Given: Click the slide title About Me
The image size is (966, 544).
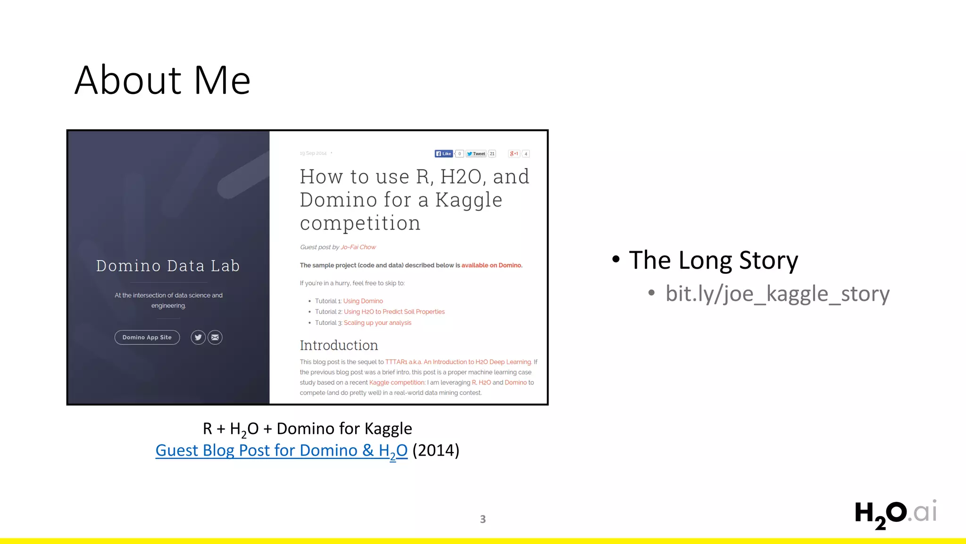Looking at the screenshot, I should [162, 80].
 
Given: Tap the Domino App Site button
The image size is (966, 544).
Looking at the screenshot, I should [147, 337].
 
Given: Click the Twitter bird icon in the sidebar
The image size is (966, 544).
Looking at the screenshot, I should [198, 337].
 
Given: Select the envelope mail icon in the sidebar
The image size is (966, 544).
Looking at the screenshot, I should [215, 337].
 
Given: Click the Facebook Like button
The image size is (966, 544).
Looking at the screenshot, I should [444, 153].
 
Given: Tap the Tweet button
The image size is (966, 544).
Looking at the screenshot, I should [476, 153].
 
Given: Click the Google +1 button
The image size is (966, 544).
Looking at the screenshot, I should [514, 153].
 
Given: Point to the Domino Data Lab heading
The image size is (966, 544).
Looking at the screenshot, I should [168, 266].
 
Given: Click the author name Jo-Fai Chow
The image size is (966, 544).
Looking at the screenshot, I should [358, 247].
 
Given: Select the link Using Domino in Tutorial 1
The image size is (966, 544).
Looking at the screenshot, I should [363, 301].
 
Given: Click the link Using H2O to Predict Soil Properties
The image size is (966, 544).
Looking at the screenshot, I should [394, 312].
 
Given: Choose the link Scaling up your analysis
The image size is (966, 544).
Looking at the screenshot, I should [377, 323].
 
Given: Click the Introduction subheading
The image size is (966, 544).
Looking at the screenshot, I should [339, 345].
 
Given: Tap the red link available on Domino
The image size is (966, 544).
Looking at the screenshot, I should [491, 265].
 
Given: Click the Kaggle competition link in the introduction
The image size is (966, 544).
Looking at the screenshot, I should [397, 382].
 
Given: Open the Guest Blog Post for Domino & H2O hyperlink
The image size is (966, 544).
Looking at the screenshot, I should [281, 450].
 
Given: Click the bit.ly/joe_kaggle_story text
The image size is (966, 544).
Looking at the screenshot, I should [777, 294].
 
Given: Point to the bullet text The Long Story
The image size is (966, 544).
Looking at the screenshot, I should [713, 260].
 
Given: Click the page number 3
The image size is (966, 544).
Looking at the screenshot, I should [483, 519].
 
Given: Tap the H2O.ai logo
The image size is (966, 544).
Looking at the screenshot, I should [895, 514].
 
